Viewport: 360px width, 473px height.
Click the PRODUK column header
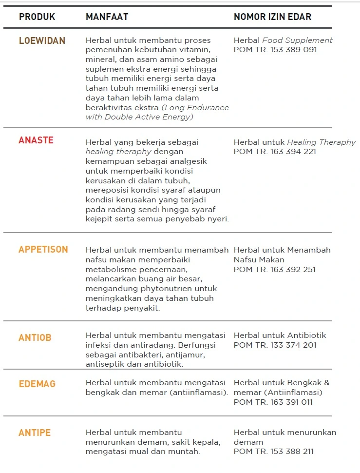coord(37,17)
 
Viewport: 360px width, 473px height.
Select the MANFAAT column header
coord(107,17)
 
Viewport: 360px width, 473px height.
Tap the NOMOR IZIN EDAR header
coord(272,17)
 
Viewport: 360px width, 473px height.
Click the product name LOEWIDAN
coord(42,41)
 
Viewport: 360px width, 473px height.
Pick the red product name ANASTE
coord(36,140)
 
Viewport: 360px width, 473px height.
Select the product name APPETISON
coord(43,250)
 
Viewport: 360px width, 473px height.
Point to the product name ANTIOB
coord(35,337)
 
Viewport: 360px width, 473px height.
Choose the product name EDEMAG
coord(37,384)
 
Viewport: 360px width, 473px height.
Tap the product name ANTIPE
coord(35,433)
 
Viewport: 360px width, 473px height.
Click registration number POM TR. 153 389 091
coord(275,50)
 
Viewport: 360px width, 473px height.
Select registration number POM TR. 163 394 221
coord(275,152)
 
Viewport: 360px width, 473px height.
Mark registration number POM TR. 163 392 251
coord(275,269)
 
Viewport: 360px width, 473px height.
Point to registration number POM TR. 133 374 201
coord(275,345)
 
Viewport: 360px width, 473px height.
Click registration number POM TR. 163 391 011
coord(273,402)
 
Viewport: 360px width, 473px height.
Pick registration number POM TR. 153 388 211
coord(274,452)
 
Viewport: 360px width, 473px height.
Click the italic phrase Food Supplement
coord(297,40)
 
